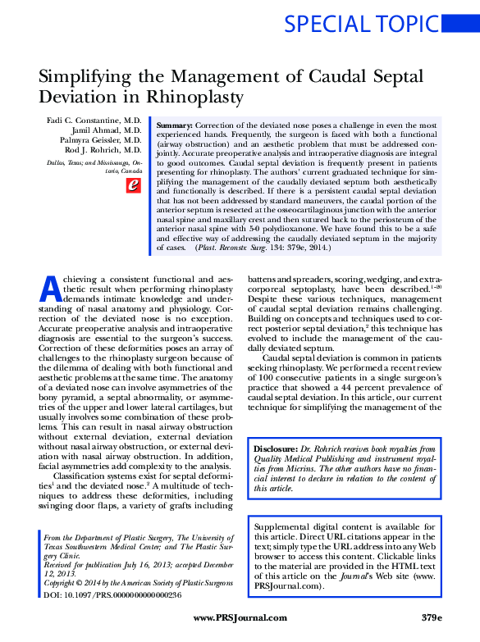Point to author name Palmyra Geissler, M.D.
(x=97, y=141)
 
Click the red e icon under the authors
(x=131, y=186)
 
